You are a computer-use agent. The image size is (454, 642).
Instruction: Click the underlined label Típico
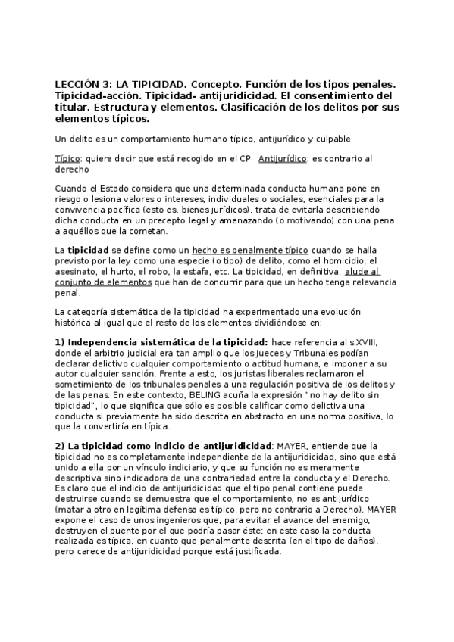[x=67, y=158]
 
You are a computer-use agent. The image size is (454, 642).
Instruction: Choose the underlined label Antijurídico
[x=283, y=158]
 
